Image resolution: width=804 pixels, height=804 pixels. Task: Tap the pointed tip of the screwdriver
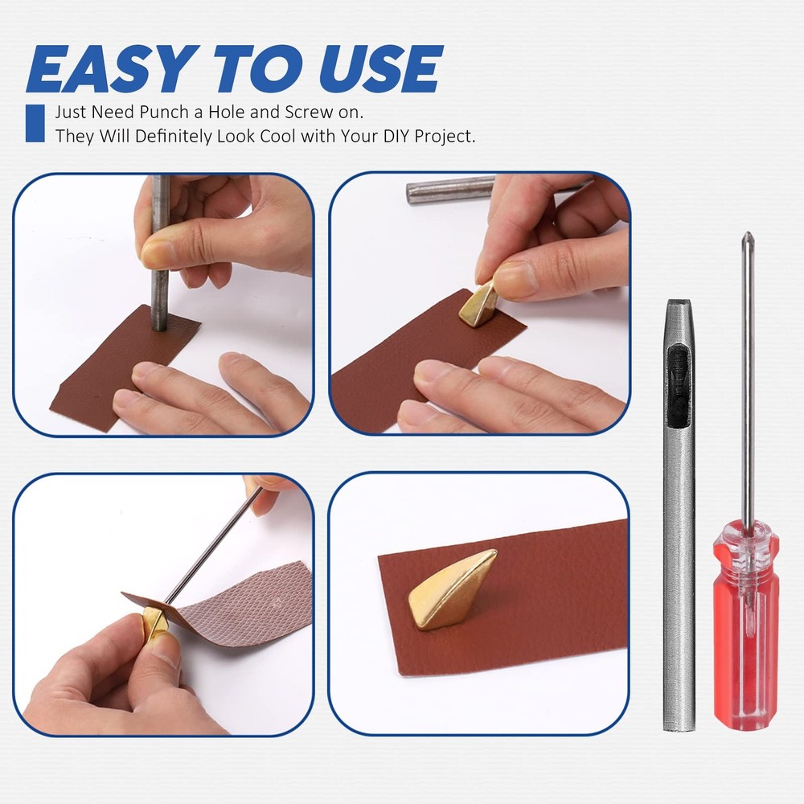point(747,236)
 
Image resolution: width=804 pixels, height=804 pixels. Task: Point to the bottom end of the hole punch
point(679,724)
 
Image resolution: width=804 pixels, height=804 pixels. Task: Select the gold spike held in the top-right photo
point(478,304)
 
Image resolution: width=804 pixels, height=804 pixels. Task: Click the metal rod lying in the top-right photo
point(450,191)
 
